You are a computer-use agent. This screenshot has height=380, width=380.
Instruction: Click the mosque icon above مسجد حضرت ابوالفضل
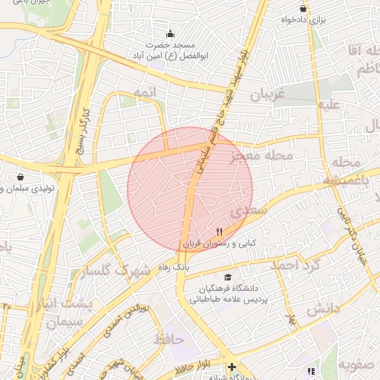coord(171,33)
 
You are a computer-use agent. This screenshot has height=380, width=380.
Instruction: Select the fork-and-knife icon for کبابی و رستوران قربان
coord(220,232)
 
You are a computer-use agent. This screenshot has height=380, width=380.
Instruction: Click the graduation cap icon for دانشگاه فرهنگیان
coord(227,277)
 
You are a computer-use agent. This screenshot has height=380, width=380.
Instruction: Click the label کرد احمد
coord(294,265)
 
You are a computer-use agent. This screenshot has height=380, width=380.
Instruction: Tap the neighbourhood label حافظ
coord(168,339)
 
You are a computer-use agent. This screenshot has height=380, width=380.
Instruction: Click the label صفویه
coord(357,365)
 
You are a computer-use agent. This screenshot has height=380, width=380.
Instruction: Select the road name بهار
coord(292,320)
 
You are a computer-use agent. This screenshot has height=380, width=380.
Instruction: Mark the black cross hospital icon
coord(232,367)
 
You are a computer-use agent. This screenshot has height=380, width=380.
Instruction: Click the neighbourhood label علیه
coord(329,105)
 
